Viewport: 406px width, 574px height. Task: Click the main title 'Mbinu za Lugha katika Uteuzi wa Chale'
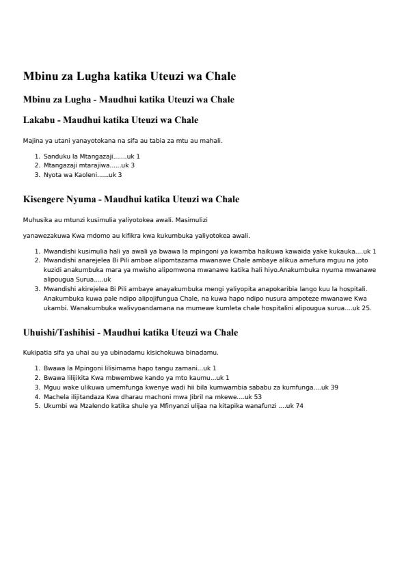tap(129, 76)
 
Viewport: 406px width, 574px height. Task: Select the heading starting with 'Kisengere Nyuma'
tap(131, 200)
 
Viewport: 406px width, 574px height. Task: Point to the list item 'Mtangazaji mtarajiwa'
tap(76, 165)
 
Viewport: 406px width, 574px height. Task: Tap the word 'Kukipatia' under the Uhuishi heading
tap(37, 353)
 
